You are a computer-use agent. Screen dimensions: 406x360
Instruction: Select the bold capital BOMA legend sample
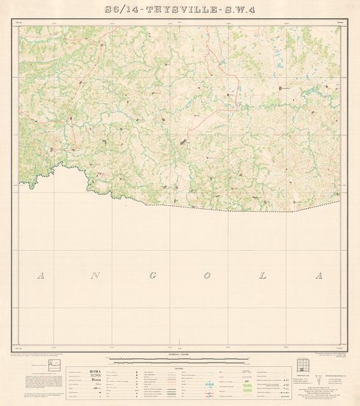[96, 371]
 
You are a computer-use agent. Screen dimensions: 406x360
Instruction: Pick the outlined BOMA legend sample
[96, 376]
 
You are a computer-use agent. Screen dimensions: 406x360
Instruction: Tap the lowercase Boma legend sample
[96, 381]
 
